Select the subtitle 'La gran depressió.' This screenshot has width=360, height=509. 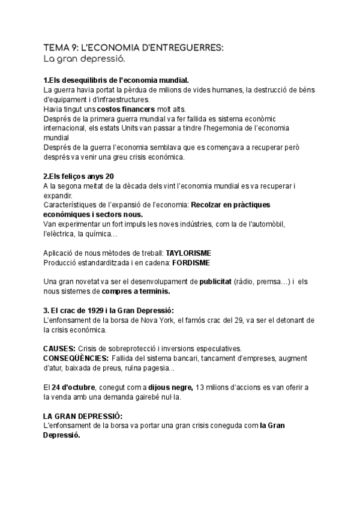85,59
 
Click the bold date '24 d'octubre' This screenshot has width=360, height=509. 77,387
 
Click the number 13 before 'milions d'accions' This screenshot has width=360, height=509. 201,387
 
